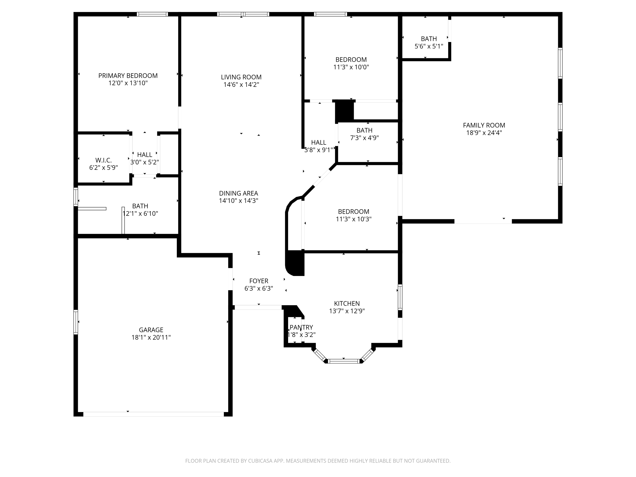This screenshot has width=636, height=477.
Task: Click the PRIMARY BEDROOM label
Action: pyautogui.click(x=128, y=76)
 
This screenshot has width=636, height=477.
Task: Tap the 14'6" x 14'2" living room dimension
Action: pyautogui.click(x=241, y=85)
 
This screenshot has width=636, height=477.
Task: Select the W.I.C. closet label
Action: pyautogui.click(x=103, y=160)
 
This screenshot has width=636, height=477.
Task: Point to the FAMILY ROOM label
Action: pyautogui.click(x=484, y=125)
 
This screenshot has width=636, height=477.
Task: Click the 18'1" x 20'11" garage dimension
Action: pyautogui.click(x=151, y=337)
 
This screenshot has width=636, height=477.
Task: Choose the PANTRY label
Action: pyautogui.click(x=301, y=327)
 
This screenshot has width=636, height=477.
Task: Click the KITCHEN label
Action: pyautogui.click(x=347, y=303)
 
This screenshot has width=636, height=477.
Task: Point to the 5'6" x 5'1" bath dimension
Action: pyautogui.click(x=429, y=46)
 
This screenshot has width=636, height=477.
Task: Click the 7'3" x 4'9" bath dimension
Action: pyautogui.click(x=364, y=138)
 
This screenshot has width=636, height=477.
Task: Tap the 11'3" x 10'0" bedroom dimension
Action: pyautogui.click(x=351, y=67)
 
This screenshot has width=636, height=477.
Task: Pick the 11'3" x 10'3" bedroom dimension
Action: pyautogui.click(x=353, y=219)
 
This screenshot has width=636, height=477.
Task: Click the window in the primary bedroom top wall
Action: pyautogui.click(x=152, y=14)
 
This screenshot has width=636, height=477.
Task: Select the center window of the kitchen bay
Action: pyautogui.click(x=344, y=361)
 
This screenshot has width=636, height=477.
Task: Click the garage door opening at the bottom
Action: pyautogui.click(x=153, y=414)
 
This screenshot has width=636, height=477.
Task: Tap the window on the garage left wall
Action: pyautogui.click(x=76, y=322)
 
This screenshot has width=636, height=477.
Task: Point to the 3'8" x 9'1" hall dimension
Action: pyautogui.click(x=319, y=150)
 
